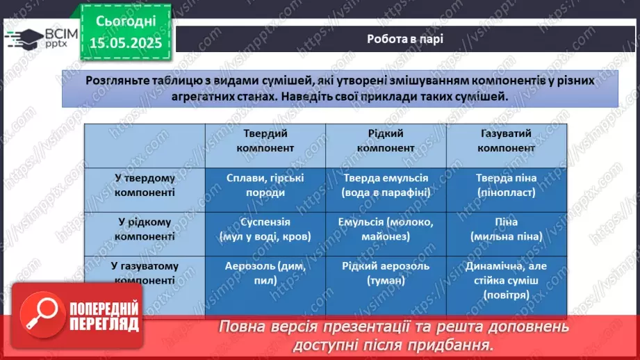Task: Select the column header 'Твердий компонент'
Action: (265, 140)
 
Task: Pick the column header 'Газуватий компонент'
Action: (507, 140)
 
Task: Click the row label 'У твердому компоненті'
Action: (145, 184)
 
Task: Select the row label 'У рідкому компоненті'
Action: (145, 229)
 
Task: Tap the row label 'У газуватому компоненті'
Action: (145, 273)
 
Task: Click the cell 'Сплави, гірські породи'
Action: (265, 184)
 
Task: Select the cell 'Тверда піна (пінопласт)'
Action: (507, 184)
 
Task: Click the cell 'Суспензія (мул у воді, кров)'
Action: (265, 229)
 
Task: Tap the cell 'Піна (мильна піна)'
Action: (507, 229)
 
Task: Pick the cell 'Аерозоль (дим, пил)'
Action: (265, 273)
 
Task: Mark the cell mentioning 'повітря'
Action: (507, 280)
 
